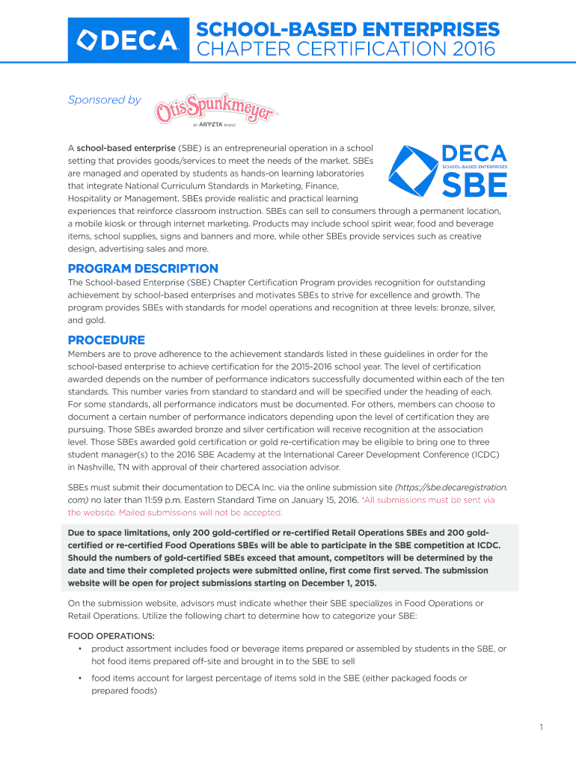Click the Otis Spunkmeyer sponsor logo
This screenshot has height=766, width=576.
coord(215,110)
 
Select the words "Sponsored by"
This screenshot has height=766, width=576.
coord(104,99)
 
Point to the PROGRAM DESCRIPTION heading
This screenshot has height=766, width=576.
coord(143,269)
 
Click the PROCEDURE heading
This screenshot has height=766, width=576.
coord(106,340)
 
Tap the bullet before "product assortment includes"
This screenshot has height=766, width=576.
coord(79,649)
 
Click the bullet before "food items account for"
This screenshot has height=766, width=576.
coord(79,678)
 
